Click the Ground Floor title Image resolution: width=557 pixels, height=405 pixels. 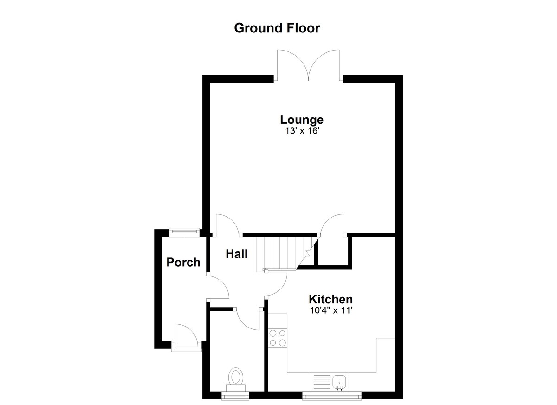click(x=277, y=28)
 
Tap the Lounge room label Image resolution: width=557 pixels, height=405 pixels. click(x=302, y=120)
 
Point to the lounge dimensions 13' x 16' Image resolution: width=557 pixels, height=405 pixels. click(x=302, y=131)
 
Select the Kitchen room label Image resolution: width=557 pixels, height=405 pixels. click(x=330, y=299)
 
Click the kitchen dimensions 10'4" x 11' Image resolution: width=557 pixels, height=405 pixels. click(x=331, y=310)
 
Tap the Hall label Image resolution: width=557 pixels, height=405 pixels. click(x=236, y=254)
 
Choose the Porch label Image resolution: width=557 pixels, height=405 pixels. click(x=183, y=263)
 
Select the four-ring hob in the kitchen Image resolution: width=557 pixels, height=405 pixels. click(x=278, y=338)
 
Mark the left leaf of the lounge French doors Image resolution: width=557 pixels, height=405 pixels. click(x=293, y=65)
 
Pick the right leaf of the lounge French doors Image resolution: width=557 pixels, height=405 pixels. click(x=324, y=65)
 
